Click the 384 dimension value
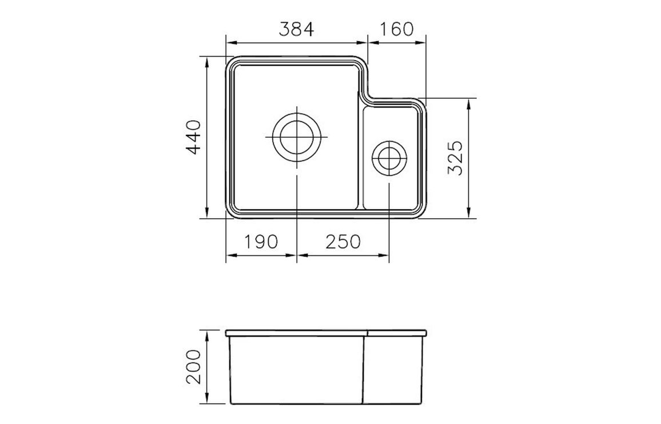point(297,29)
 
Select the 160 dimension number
point(397,29)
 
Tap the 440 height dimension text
point(193,137)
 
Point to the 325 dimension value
point(456,158)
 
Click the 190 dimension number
point(261,242)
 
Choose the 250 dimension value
point(343,242)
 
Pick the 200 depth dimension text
point(193,367)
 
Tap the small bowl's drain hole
point(389,158)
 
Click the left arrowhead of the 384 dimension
point(231,42)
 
